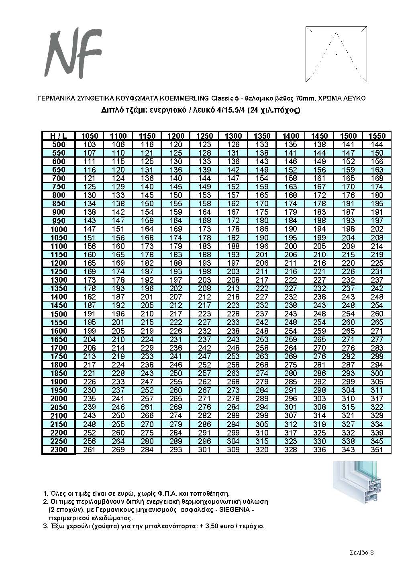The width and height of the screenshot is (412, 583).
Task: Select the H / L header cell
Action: click(58, 136)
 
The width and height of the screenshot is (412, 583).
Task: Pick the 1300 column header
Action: click(233, 136)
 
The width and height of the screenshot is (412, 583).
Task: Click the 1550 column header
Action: click(377, 136)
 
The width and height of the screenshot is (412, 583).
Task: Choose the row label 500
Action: click(58, 144)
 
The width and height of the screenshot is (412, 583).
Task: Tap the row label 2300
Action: click(58, 450)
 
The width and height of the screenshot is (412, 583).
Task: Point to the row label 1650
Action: click(58, 339)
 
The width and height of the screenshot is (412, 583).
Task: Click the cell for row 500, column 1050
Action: click(89, 144)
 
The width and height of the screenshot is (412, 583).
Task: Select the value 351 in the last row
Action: click(377, 450)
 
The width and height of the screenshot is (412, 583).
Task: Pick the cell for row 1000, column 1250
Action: click(204, 229)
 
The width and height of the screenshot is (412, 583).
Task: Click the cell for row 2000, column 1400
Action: click(290, 399)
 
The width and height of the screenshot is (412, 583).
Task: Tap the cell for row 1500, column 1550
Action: click(377, 314)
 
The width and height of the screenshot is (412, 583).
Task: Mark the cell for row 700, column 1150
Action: click(147, 178)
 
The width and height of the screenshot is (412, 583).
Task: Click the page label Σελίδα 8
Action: click(361, 552)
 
